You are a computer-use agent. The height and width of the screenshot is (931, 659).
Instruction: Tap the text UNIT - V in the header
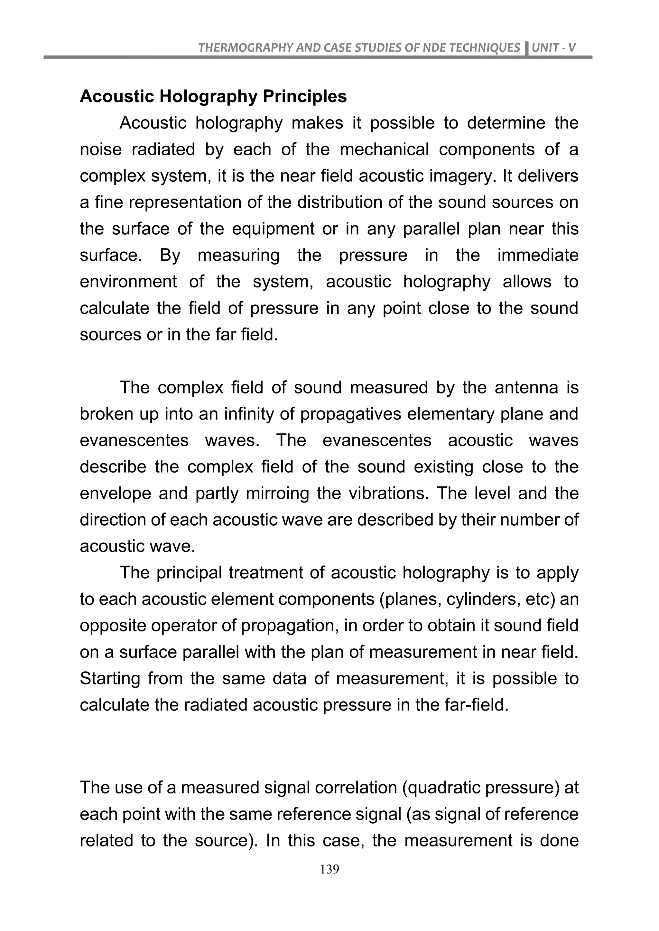(x=553, y=48)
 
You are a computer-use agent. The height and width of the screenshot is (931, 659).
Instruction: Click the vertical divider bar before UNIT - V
(x=527, y=50)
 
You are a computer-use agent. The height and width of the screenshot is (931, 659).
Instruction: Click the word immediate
(x=538, y=256)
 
